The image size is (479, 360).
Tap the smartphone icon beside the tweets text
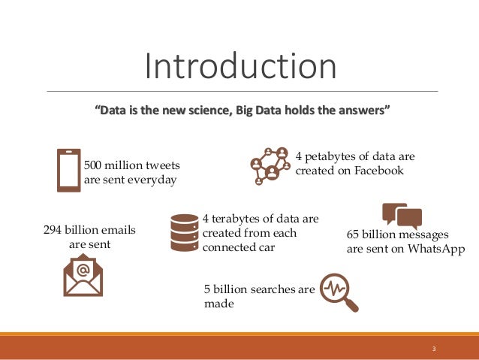(68, 171)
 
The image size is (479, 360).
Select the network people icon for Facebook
(270, 165)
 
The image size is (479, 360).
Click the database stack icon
(183, 232)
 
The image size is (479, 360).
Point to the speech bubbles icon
(401, 216)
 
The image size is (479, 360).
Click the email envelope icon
(83, 276)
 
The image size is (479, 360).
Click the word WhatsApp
(436, 249)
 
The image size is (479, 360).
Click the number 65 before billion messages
(354, 234)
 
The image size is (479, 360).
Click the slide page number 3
(434, 348)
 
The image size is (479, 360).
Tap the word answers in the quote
(363, 112)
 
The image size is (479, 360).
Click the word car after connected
(264, 247)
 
